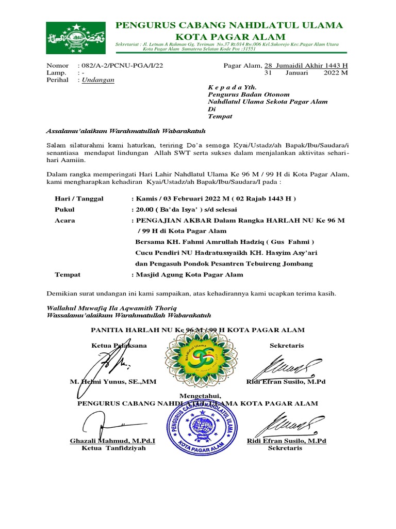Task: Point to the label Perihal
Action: coord(57,80)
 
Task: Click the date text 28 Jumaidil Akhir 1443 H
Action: coord(306,66)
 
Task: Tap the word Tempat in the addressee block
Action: coord(220,116)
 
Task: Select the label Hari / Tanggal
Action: coord(79,199)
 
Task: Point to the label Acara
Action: coord(65,221)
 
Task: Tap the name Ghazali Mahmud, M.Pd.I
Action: coord(112,441)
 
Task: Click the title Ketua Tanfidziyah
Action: coord(113,448)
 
